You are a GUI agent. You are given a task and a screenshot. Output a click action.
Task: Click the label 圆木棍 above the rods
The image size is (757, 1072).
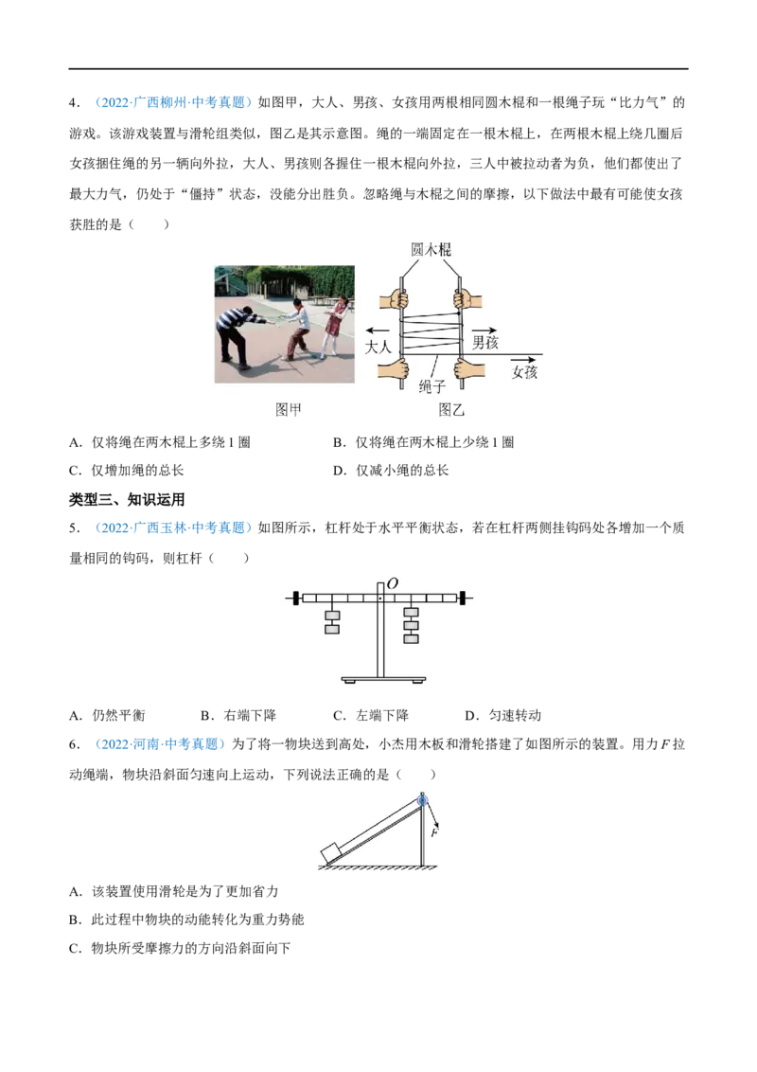coord(431,250)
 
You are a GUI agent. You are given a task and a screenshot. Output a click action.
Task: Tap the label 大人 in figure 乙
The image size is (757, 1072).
coord(378,347)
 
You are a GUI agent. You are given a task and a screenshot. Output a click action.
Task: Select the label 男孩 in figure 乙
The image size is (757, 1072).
coord(485,342)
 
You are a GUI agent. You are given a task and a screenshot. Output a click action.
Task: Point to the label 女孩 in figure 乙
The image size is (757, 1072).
coord(525,372)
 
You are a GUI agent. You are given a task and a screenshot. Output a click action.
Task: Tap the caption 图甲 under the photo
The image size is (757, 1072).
coord(289,409)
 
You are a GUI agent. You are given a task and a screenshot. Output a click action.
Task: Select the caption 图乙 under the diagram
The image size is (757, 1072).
coord(451,409)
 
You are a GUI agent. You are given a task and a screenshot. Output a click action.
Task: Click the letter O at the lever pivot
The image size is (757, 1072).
coord(392,583)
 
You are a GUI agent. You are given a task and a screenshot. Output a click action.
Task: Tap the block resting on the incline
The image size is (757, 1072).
coord(332,852)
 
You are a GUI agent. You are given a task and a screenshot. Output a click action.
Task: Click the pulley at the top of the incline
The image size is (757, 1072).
coord(422,798)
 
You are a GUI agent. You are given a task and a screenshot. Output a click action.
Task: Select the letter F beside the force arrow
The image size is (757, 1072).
coord(434,832)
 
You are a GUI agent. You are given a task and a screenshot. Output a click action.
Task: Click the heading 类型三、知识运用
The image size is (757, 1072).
coord(127,500)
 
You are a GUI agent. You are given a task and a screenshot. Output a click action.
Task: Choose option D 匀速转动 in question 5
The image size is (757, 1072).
coord(502,715)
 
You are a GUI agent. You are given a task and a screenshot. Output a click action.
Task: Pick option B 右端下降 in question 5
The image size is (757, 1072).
coord(238,715)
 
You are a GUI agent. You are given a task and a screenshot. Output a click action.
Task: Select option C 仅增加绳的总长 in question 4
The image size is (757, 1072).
coord(127,471)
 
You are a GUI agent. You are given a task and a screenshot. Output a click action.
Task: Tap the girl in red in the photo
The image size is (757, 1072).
coord(335,326)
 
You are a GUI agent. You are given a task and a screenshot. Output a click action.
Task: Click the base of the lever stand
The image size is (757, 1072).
coord(383,680)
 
